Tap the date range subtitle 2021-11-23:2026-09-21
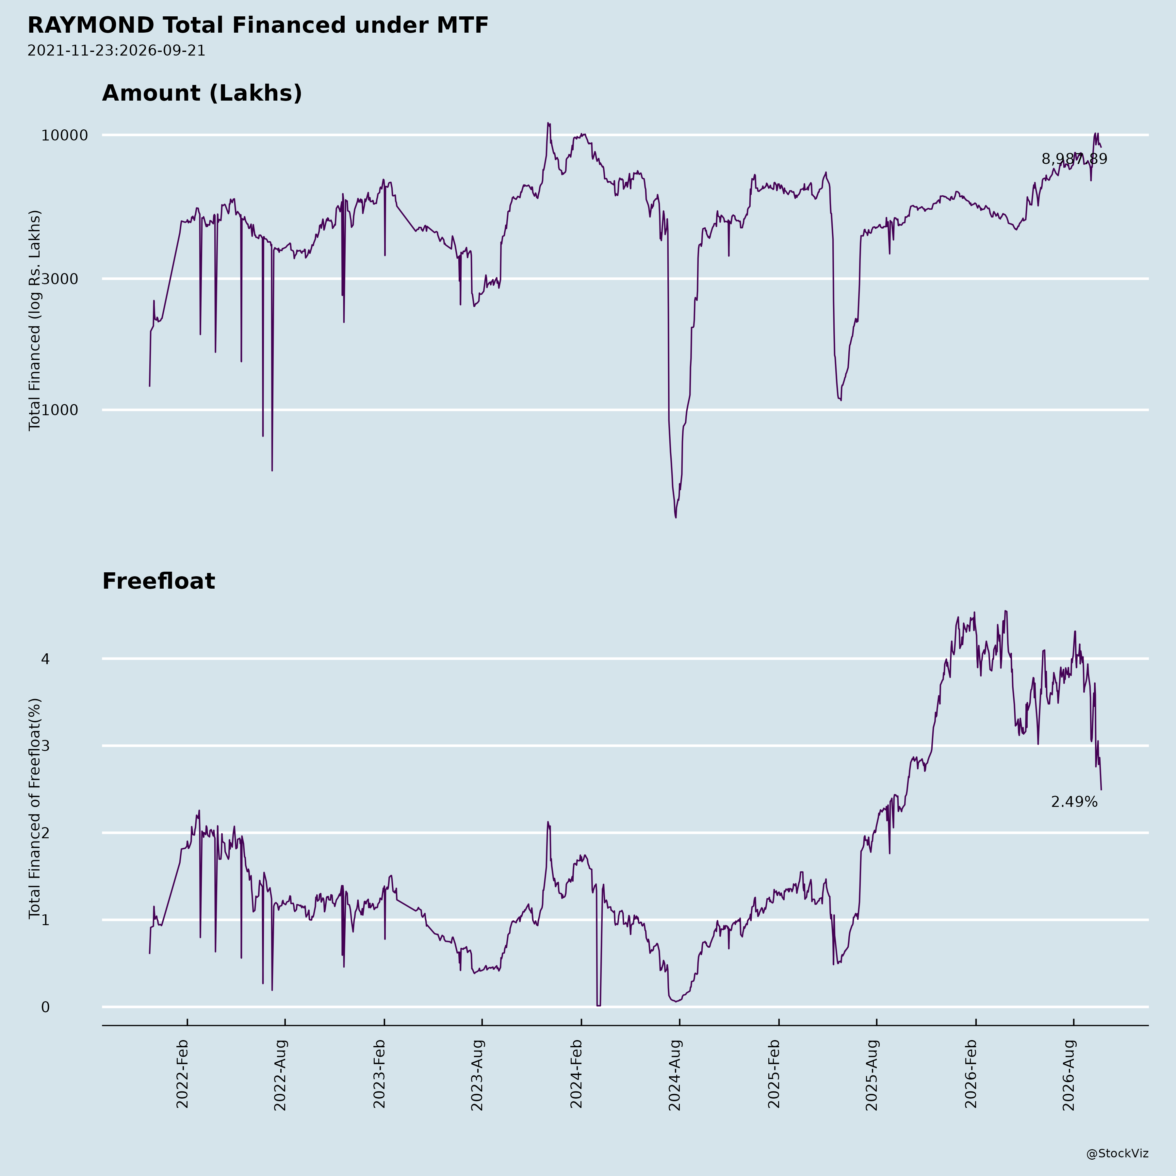[x=116, y=51]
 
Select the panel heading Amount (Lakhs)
[x=202, y=93]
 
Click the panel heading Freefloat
[x=158, y=581]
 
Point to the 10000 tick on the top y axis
[x=65, y=135]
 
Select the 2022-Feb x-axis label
[x=182, y=1074]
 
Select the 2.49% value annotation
[x=1074, y=802]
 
